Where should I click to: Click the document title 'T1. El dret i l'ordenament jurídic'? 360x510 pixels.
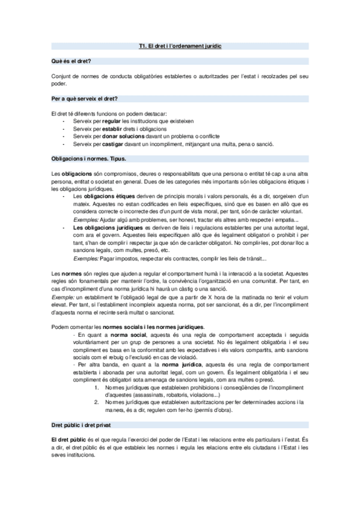(180, 46)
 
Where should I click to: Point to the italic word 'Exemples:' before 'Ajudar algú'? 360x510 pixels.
(85, 220)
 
